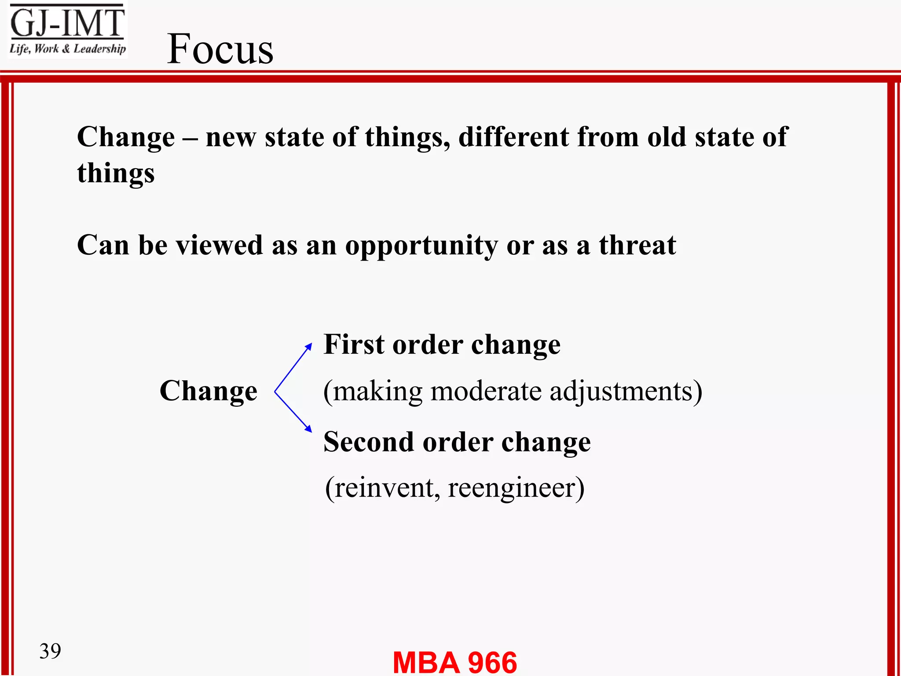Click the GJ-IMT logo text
tap(67, 23)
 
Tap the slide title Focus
tap(220, 49)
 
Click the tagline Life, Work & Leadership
tap(67, 49)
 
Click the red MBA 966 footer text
tap(454, 662)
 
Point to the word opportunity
tap(421, 246)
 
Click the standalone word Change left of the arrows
tap(208, 391)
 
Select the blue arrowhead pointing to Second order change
tap(309, 429)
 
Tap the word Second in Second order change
tap(369, 442)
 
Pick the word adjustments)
tap(626, 392)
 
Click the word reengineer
tap(516, 488)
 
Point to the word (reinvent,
tap(382, 488)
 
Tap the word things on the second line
tap(116, 173)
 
